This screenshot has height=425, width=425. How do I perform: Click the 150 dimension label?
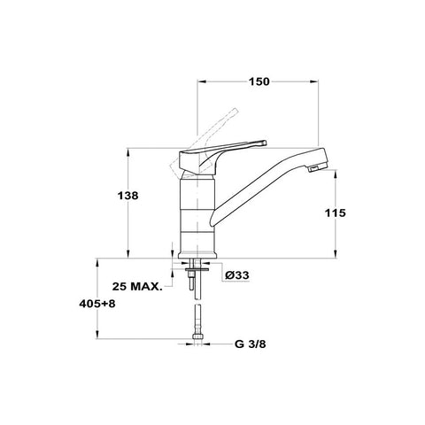(259, 81)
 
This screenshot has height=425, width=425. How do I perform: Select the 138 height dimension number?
(127, 196)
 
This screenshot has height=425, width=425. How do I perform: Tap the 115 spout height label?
(336, 212)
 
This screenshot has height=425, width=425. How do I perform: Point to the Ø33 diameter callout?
(237, 275)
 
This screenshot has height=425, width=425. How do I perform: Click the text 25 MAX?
(137, 286)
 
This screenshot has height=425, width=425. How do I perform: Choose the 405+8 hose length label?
(97, 304)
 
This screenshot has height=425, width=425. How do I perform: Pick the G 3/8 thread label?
(251, 344)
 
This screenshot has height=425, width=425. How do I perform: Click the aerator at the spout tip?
(314, 169)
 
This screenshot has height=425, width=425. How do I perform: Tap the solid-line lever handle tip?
(264, 143)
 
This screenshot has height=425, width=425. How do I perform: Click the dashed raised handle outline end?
(235, 112)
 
